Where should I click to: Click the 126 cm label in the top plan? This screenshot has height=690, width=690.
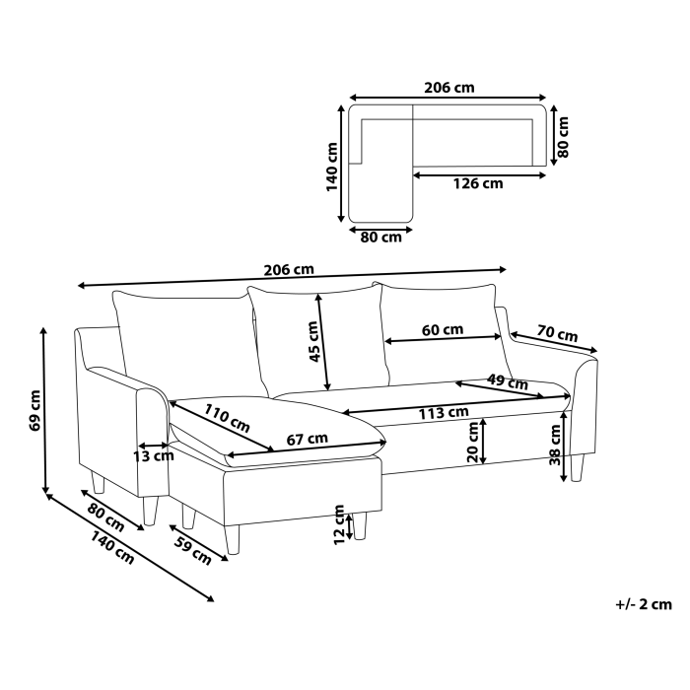coord(478,183)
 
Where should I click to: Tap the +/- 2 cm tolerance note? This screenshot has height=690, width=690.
coord(644,604)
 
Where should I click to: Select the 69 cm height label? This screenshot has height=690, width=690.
coord(35,411)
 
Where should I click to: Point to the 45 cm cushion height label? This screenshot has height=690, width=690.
coord(313,341)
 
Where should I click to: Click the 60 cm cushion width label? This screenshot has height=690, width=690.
coord(443,329)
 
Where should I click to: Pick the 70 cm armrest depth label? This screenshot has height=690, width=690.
coord(557,333)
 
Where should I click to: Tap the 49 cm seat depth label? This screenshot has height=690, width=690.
coord(508,381)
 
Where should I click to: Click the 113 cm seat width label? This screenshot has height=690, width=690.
coord(444,413)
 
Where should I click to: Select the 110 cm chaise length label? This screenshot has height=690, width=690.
coord(227,418)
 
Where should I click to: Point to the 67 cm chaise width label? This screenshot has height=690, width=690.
coord(308,439)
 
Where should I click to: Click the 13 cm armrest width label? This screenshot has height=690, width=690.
coord(154,456)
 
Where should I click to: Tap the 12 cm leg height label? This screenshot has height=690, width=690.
coord(339,524)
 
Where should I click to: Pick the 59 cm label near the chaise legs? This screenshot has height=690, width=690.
coord(193,550)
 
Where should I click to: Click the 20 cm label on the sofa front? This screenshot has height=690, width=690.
coord(472,442)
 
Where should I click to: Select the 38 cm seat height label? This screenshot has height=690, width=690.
coord(555,445)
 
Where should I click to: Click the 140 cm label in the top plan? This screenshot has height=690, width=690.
coord(332,167)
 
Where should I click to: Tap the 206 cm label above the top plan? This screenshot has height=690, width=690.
coord(449,88)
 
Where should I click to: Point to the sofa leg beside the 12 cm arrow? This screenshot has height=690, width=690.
coord(360,525)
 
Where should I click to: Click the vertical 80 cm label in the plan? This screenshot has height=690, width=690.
coord(563,137)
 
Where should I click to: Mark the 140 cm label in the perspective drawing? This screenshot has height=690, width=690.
coord(111,547)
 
